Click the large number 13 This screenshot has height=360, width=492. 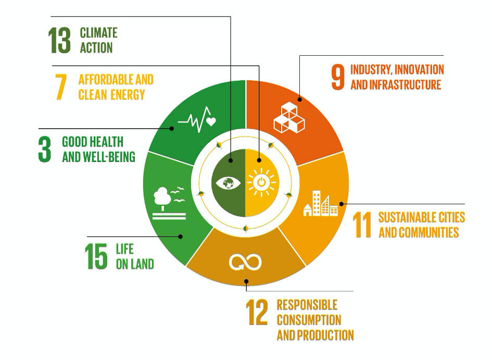click(59, 41)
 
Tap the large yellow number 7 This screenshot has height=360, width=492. click(61, 87)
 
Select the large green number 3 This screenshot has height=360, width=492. click(45, 150)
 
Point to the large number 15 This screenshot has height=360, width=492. click(96, 256)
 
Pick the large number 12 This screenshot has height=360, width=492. click(257, 312)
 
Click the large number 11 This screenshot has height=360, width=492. click(362, 225)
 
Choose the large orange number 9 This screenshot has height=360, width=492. click(338, 77)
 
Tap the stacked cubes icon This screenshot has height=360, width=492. click(289, 117)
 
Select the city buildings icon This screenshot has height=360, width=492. click(321, 203)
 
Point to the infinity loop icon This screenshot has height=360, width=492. click(245, 262)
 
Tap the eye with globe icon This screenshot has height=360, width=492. click(229, 183)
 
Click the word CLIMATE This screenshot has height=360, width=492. click(98, 33)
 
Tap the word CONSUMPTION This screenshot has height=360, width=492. click(309, 320)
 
